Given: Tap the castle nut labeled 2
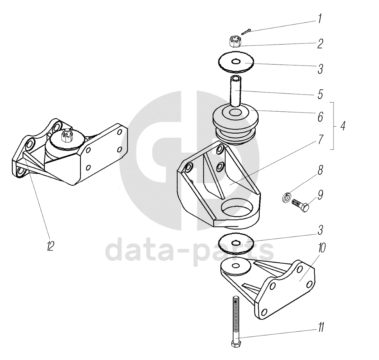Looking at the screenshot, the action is [x=235, y=42].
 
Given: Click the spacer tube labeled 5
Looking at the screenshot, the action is [x=235, y=90].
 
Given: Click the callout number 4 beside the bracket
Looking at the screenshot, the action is [x=342, y=126].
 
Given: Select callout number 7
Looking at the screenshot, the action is [x=320, y=140].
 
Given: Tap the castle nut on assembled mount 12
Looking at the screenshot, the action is [x=65, y=136].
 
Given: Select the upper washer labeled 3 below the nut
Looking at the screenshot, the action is [x=236, y=62].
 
